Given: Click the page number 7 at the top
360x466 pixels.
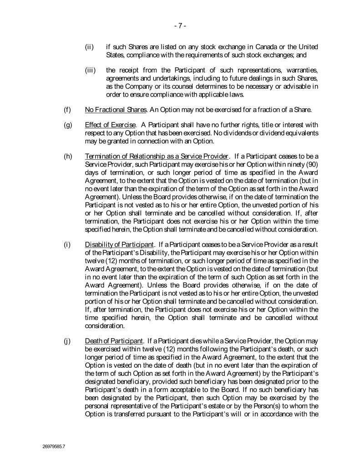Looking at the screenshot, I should [x=180, y=25].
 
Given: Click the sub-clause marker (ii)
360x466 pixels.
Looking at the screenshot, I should [x=90, y=47].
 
